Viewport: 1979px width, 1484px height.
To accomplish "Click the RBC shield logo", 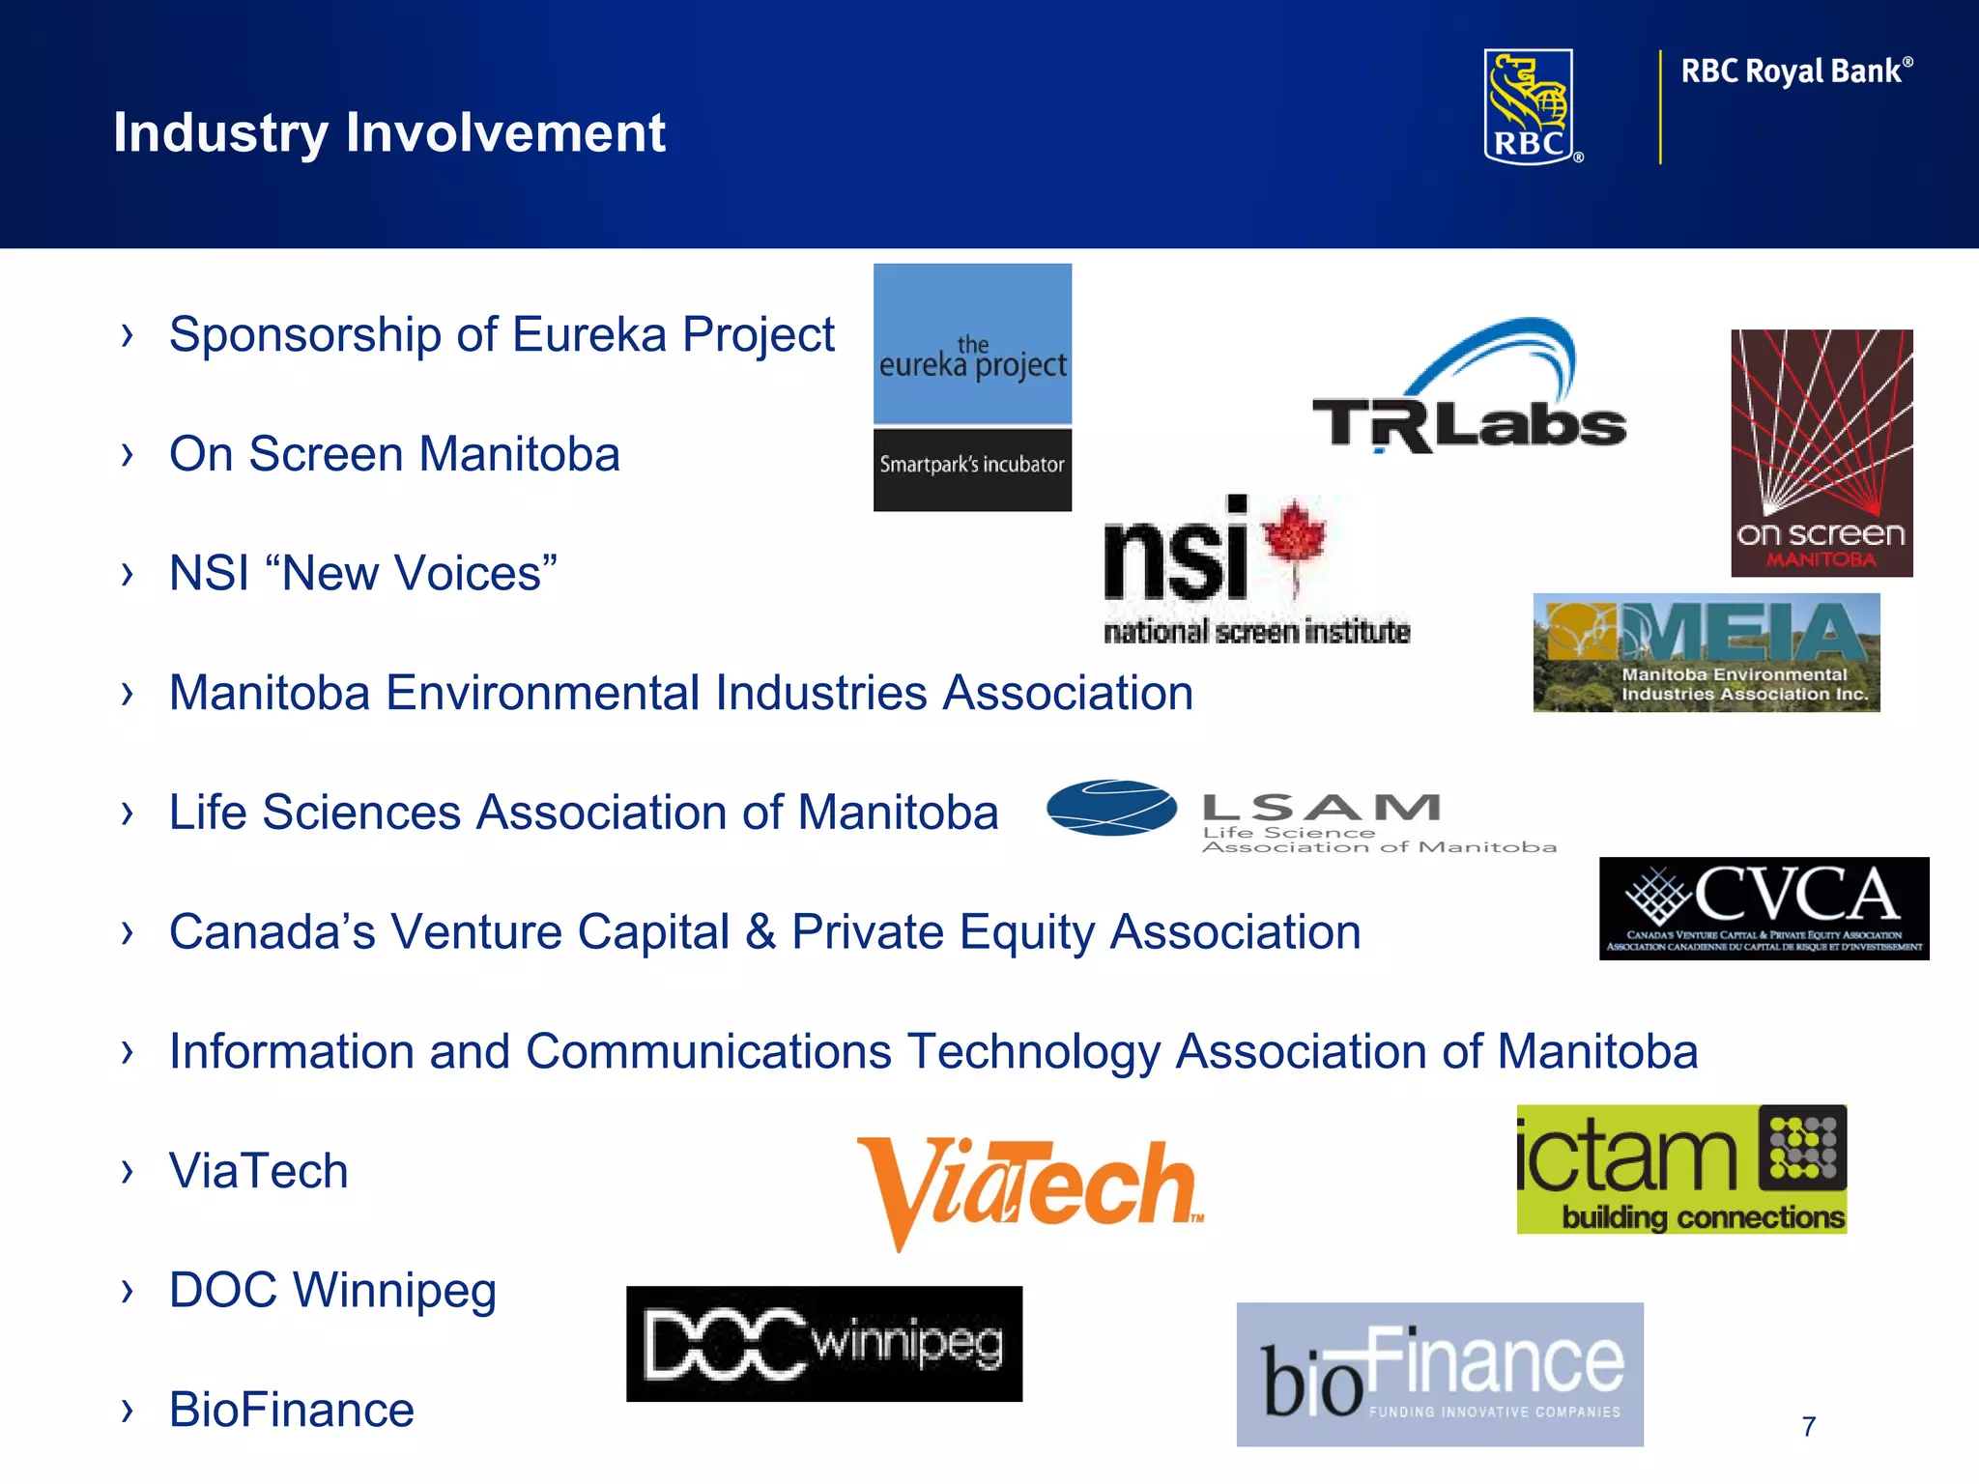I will [x=1530, y=106].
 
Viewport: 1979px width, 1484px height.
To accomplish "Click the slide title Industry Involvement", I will [x=389, y=132].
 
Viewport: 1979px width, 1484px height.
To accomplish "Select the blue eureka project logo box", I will [x=972, y=344].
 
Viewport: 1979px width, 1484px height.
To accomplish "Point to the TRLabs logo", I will [x=1469, y=391].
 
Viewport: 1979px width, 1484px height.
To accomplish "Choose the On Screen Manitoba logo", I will [x=1821, y=453].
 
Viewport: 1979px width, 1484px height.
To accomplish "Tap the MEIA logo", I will [x=1706, y=653].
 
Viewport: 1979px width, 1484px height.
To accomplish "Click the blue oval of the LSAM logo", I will [x=1111, y=808].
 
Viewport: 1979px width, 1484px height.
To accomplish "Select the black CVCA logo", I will [x=1764, y=908].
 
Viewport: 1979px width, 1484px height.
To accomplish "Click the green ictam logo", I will [x=1681, y=1169].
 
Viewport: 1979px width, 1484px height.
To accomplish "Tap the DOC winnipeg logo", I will [x=824, y=1344].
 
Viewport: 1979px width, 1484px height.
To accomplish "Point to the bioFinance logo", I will [x=1440, y=1374].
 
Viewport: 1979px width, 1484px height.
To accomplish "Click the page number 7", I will [x=1809, y=1426].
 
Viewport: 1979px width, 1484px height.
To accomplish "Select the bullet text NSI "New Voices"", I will [x=363, y=573].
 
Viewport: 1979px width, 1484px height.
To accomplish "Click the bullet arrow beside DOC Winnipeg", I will [x=128, y=1290].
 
